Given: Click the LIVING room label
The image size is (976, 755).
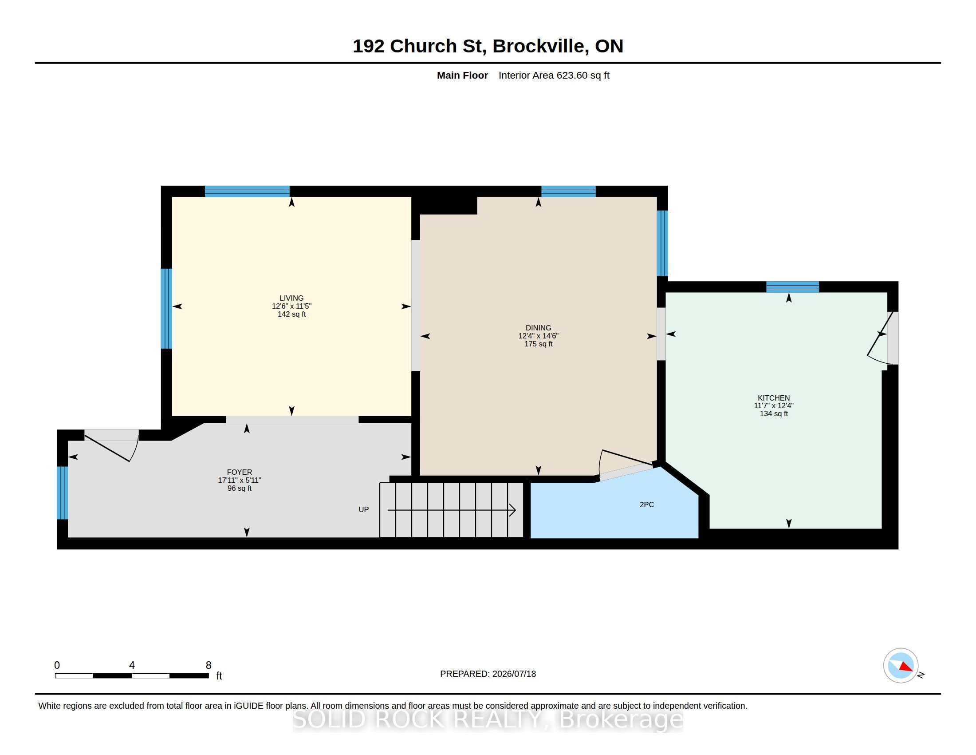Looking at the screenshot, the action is point(291,298).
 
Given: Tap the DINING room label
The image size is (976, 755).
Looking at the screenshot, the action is point(538,328).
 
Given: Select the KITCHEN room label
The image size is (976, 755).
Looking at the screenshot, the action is point(774,397).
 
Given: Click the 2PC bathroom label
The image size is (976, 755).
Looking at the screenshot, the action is point(647,505).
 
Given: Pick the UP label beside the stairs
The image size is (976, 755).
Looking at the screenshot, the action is point(363,509).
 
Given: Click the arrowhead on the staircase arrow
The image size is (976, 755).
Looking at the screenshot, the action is point(513,510).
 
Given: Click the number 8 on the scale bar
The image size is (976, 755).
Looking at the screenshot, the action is point(208,665).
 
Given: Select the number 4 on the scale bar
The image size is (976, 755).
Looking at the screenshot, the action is point(132,665).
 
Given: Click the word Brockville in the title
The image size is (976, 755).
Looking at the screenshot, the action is point(540,46).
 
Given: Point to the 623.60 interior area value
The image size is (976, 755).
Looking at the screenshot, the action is point(571,75).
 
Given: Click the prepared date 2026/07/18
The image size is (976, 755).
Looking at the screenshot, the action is point(514,674).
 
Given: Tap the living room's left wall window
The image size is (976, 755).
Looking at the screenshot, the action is point(166,308).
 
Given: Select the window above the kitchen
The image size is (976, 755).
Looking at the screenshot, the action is point(792,287).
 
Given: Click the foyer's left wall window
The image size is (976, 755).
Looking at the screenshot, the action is point(62,493).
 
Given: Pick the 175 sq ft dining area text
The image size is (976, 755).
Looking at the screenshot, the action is point(538,344).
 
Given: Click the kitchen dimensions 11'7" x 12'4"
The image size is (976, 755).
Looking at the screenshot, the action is point(774,405).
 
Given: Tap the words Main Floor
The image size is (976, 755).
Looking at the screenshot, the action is point(462,75).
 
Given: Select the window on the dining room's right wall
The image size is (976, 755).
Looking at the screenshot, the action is point(662,243).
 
